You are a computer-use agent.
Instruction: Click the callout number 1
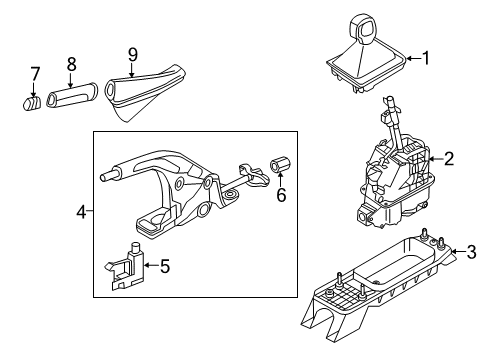tap(426, 58)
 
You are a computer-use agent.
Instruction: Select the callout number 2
tap(449, 159)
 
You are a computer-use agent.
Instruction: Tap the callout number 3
tap(471, 252)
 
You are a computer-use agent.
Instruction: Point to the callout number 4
tap(82, 212)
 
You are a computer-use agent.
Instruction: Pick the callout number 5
tap(165, 266)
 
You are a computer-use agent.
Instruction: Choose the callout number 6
tap(281, 195)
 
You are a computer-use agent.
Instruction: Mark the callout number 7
tap(35, 74)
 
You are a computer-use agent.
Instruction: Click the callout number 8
tap(71, 64)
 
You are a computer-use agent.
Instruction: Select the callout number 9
tap(133, 55)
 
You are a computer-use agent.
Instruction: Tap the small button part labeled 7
tap(32, 103)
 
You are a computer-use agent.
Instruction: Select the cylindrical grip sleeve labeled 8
tap(72, 95)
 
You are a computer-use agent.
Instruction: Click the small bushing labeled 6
tap(280, 165)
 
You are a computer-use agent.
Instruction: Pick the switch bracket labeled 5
tap(125, 267)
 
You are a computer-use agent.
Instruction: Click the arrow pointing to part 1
tap(414, 59)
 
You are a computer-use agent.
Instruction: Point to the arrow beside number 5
tap(151, 265)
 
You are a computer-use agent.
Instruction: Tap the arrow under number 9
tap(132, 71)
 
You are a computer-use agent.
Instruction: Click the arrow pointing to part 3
tap(458, 251)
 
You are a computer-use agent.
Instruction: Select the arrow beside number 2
tap(436, 159)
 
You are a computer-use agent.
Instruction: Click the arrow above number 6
tap(280, 179)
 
